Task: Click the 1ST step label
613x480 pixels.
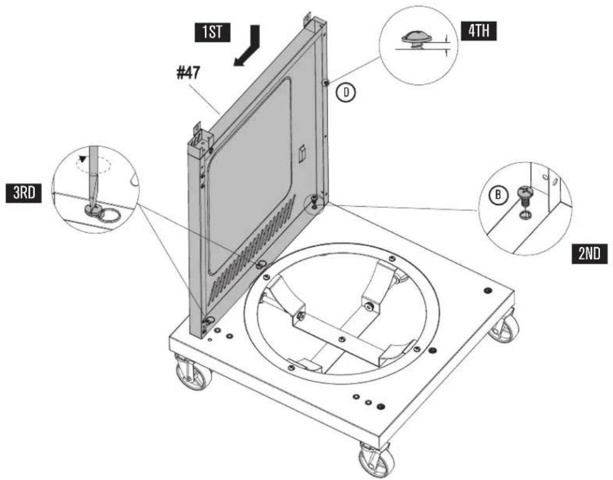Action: click(213, 32)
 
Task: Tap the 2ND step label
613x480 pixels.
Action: click(590, 254)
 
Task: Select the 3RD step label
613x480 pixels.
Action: click(24, 193)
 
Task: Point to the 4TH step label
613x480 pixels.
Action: click(479, 31)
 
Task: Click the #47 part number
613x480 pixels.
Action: click(189, 73)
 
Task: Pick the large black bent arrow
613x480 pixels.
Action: click(246, 45)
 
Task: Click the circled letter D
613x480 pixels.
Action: click(346, 93)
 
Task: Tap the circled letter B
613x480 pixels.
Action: click(498, 194)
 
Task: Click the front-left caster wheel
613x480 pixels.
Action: click(193, 371)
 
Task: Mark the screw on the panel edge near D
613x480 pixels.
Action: click(326, 82)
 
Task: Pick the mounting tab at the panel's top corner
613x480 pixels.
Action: click(307, 18)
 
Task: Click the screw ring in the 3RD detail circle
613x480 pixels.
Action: click(112, 216)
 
